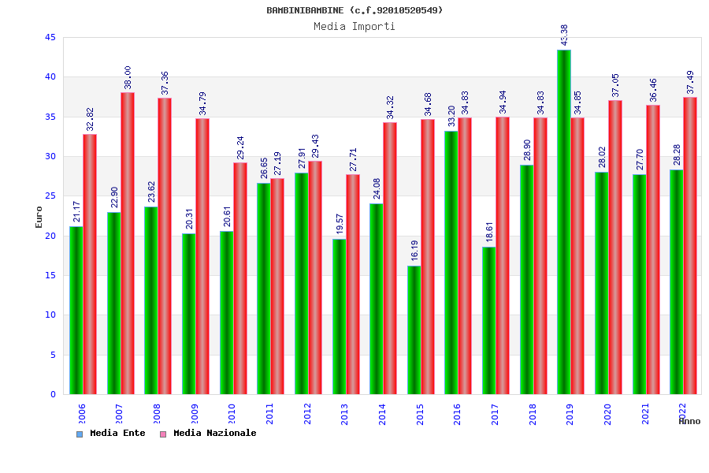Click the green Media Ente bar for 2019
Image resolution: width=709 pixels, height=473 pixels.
(x=564, y=222)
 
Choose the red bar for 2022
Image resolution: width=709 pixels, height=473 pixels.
(x=690, y=245)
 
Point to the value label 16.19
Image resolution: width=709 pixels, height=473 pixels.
(x=414, y=251)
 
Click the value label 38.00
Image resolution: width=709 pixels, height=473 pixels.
(x=128, y=78)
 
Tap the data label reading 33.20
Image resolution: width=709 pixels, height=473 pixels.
(x=452, y=116)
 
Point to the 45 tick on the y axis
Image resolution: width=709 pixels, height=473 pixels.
(x=50, y=37)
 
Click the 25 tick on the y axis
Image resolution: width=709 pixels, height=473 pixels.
(x=50, y=196)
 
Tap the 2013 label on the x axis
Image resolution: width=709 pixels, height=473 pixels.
(x=345, y=415)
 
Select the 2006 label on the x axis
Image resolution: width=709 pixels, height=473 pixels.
(x=82, y=415)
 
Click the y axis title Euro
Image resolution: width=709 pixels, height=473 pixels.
(x=39, y=216)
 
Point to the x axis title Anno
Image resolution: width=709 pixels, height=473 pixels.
(x=689, y=421)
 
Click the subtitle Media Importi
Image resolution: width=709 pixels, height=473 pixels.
(x=354, y=26)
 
